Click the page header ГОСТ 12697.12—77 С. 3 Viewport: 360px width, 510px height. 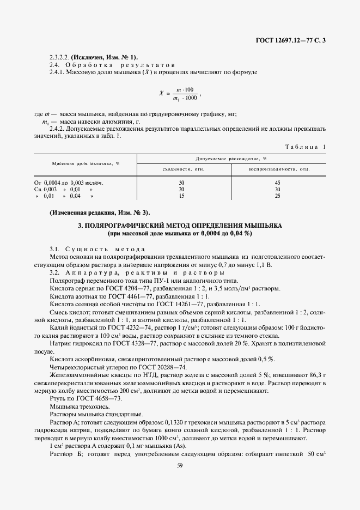295,40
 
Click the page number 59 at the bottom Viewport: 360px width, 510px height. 180,465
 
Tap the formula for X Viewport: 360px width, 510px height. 180,93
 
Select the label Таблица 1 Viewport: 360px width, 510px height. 306,147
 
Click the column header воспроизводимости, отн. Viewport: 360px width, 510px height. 278,169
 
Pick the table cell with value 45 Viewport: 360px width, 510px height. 277,183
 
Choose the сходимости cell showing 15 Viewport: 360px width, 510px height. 181,196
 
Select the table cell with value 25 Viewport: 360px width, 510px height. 277,196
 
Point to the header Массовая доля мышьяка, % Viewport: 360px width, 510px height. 86,163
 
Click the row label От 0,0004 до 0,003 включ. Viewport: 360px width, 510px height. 69,183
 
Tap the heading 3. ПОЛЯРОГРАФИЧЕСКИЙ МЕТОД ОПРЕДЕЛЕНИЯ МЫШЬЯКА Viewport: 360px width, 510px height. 180,226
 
